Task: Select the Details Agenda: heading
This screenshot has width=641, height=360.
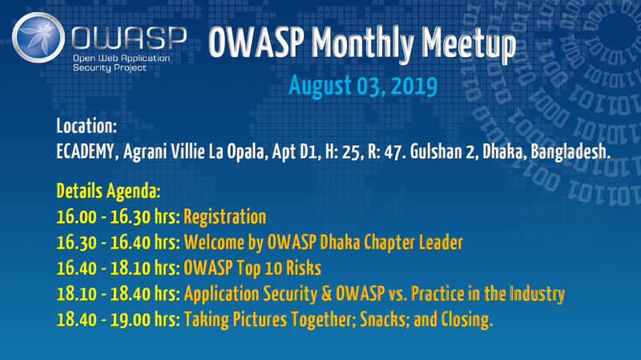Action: click(x=108, y=193)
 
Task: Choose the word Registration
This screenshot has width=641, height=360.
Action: click(x=224, y=216)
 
